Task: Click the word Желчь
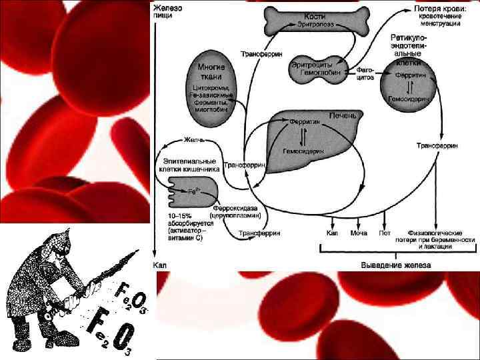point(194,141)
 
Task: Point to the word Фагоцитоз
point(365,73)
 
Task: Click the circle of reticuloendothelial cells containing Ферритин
point(411,86)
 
